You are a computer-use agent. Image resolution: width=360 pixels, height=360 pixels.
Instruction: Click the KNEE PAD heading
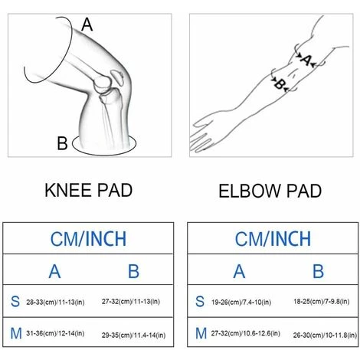[x=88, y=190]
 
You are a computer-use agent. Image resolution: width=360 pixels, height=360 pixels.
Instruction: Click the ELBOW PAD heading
[x=270, y=191]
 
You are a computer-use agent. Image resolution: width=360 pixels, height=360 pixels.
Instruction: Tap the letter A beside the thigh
[x=87, y=25]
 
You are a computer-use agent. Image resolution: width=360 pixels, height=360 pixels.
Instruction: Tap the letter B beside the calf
[x=62, y=143]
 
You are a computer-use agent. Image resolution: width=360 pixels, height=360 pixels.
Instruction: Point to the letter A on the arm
[x=306, y=61]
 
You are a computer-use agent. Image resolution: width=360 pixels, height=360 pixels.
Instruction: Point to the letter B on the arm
[x=280, y=84]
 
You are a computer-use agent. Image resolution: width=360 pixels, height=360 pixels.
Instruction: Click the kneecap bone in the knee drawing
[x=117, y=77]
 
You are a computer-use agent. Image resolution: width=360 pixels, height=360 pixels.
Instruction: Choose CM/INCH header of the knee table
[x=88, y=239]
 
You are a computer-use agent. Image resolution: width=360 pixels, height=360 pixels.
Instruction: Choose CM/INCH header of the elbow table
[x=273, y=239]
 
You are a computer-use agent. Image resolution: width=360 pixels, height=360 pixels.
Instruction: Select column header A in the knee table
[x=54, y=271]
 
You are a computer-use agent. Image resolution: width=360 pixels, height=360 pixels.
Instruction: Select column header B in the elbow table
[x=319, y=271]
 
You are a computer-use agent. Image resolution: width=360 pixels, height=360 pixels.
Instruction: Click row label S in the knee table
[x=15, y=301]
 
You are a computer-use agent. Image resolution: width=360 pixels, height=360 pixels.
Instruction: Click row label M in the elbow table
[x=201, y=333]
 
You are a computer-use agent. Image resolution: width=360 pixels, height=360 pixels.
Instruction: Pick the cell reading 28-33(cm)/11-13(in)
[x=55, y=302]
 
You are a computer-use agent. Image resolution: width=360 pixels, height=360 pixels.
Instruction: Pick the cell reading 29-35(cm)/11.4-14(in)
[x=133, y=335]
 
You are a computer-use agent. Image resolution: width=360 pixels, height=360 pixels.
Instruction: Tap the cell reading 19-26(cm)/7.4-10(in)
[x=241, y=302]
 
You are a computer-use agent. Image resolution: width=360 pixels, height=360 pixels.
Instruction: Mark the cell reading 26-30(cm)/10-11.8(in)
[x=325, y=335]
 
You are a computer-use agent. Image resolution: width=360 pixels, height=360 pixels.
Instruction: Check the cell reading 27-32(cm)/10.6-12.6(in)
[x=245, y=333]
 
